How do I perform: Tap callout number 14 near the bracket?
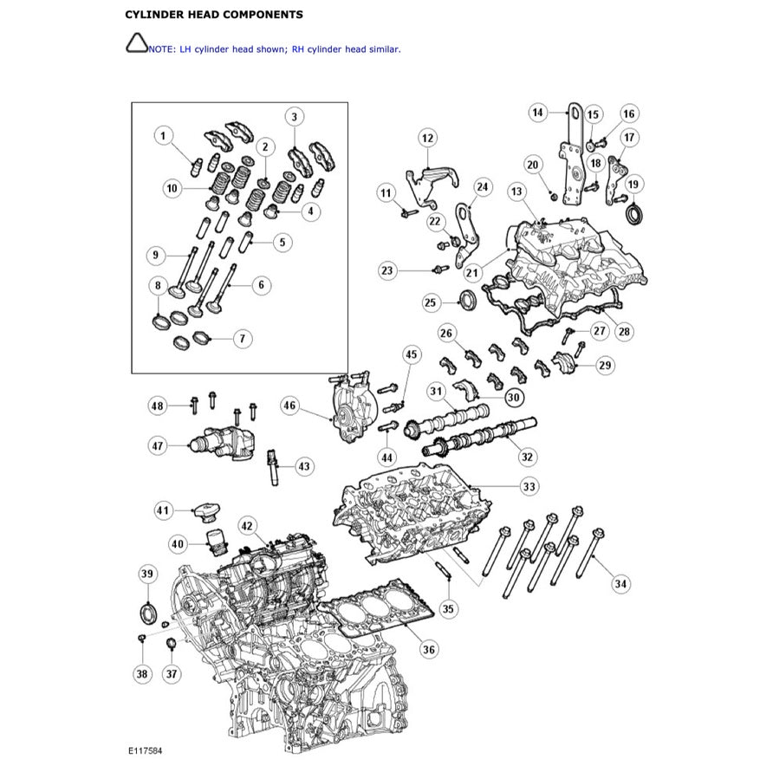pos(538,112)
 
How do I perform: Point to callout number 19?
pos(633,183)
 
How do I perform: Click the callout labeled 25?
pos(431,302)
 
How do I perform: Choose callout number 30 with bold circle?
pos(513,397)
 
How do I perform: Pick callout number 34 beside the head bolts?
pos(620,584)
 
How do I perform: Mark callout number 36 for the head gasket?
pos(429,649)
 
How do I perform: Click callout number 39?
pos(146,574)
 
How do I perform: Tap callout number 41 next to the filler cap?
pos(164,510)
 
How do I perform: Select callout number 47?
pos(157,445)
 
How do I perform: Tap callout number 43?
pos(303,466)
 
